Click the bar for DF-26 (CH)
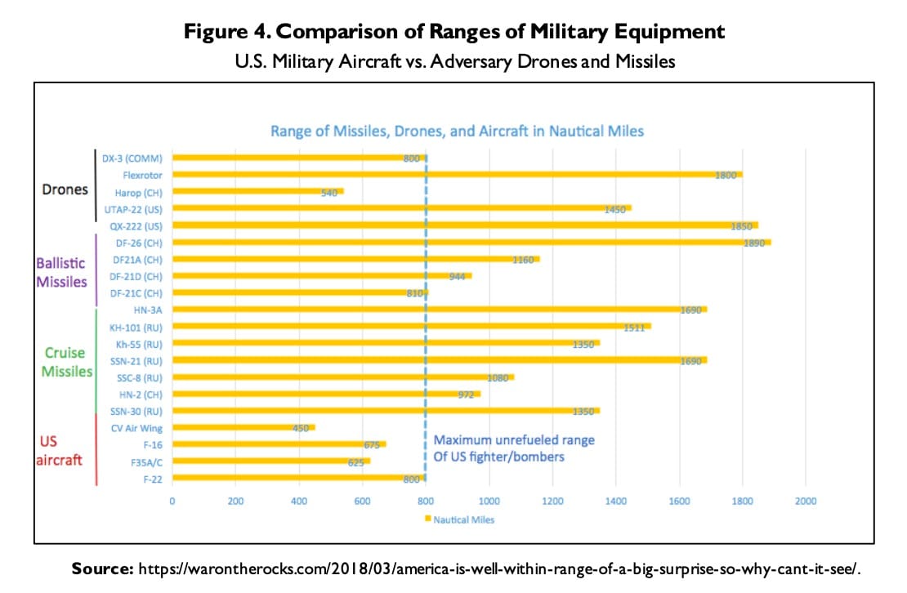(471, 242)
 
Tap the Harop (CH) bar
(257, 191)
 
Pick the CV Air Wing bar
(243, 427)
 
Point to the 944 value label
(456, 277)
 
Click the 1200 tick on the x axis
(552, 501)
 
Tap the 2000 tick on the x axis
(806, 501)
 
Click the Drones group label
(65, 189)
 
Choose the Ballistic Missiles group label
(61, 273)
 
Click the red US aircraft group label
(60, 451)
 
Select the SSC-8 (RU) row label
(141, 377)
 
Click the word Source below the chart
(101, 566)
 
